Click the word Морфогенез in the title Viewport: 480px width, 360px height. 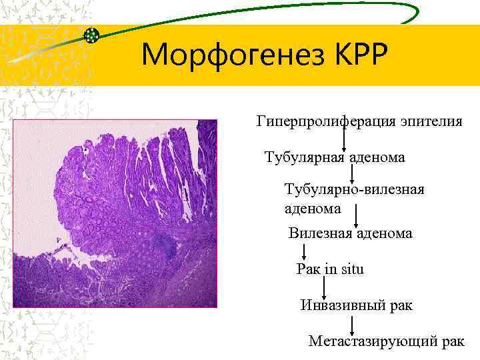click(x=227, y=55)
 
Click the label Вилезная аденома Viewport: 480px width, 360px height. click(x=350, y=233)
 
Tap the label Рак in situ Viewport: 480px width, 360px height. click(x=330, y=269)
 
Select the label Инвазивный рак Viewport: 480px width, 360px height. click(x=357, y=305)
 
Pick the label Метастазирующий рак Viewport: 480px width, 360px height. click(x=386, y=341)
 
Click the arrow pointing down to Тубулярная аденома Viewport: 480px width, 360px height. click(x=344, y=139)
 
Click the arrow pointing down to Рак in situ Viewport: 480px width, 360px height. click(x=305, y=252)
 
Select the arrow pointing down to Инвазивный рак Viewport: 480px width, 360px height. click(x=324, y=287)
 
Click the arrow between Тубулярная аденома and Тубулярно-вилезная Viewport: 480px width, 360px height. click(x=352, y=173)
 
